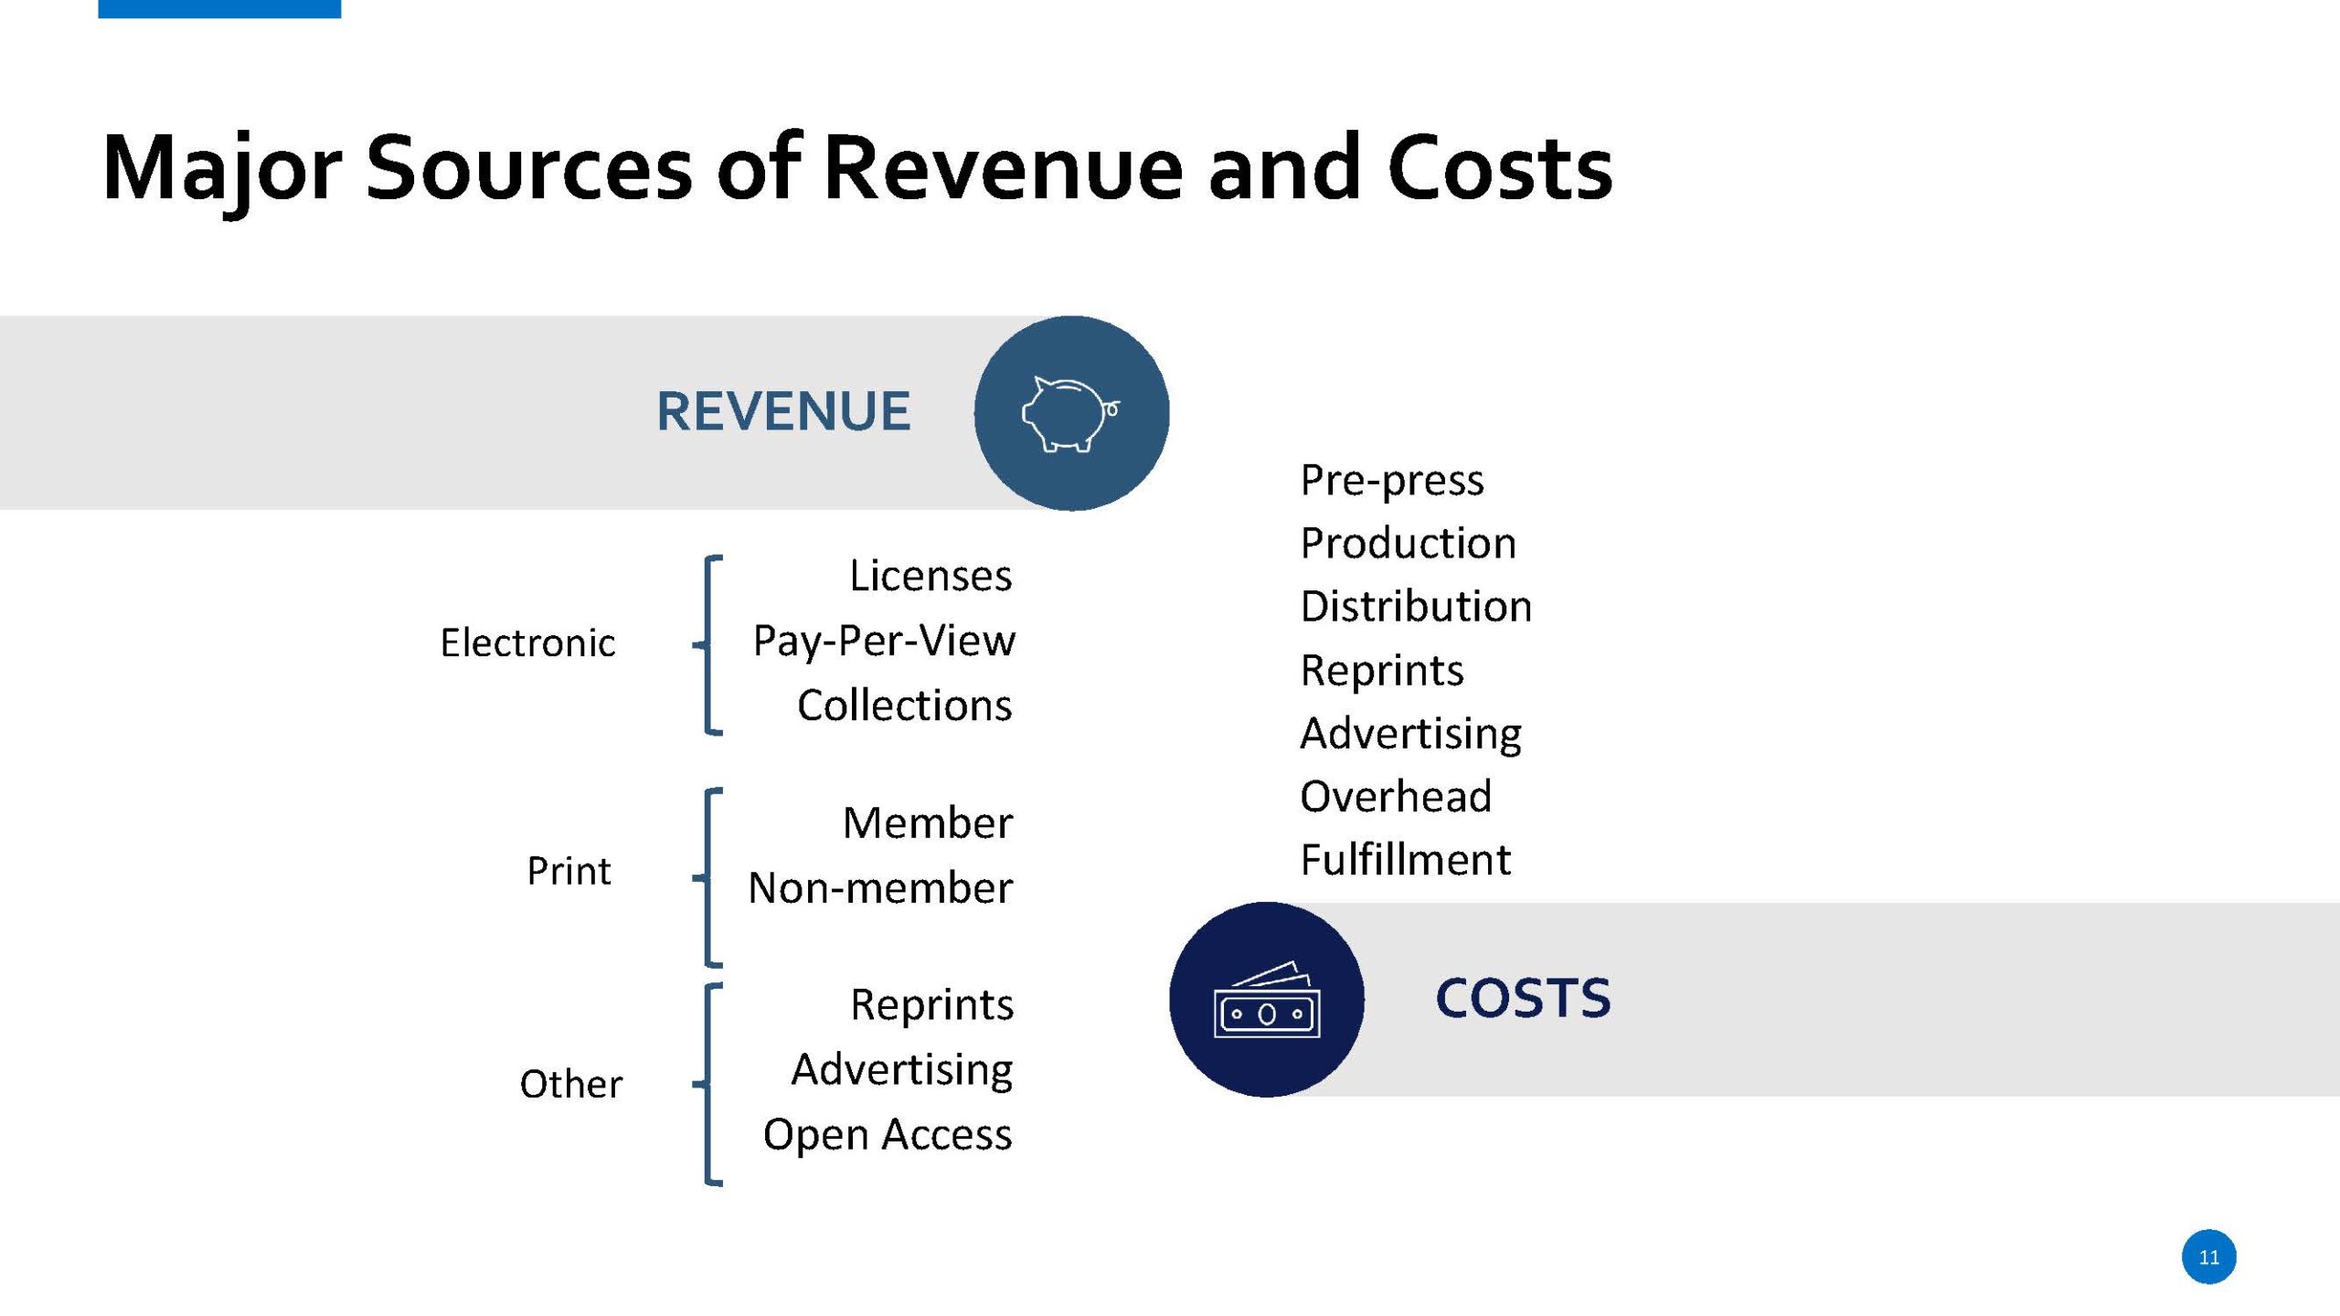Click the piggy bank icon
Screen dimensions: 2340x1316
(x=1070, y=413)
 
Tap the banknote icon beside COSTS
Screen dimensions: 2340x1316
(x=1267, y=1000)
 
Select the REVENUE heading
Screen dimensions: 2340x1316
(x=783, y=411)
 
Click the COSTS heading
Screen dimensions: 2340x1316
(x=1523, y=997)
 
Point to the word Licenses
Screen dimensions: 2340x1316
(x=931, y=576)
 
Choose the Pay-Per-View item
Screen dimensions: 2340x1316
(x=884, y=642)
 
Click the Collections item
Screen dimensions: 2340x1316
(x=905, y=706)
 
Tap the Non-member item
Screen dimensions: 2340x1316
(x=880, y=887)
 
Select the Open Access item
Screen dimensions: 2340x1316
(x=888, y=1135)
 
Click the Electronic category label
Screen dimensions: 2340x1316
(x=527, y=642)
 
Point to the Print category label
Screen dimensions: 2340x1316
(x=569, y=870)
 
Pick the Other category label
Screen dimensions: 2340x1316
(x=571, y=1084)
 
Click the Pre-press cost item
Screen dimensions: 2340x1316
(x=1392, y=481)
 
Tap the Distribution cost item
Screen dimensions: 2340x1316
(x=1416, y=606)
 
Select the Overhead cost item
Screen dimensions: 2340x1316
(x=1396, y=796)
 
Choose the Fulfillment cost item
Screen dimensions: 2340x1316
(x=1406, y=859)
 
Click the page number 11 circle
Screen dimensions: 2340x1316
(x=2208, y=1258)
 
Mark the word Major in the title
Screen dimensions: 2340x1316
(x=222, y=171)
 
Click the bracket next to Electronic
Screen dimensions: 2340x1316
(x=707, y=645)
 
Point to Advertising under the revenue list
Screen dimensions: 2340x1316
(x=902, y=1070)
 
